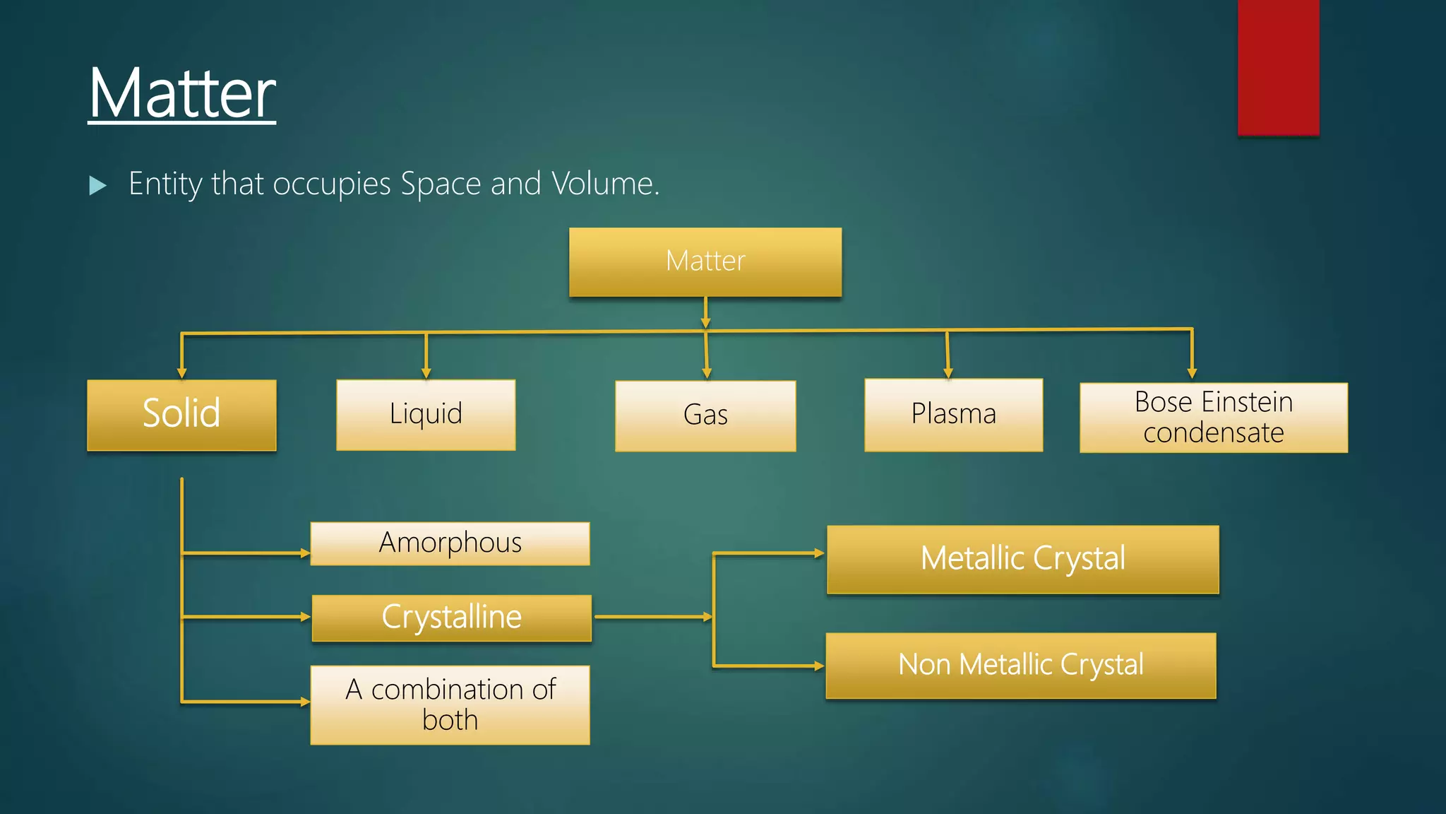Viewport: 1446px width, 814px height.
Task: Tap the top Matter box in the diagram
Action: pyautogui.click(x=705, y=261)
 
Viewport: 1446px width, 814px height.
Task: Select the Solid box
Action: pyautogui.click(x=181, y=415)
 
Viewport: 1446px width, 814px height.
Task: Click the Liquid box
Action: pyautogui.click(x=426, y=415)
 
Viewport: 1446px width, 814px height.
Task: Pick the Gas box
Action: pyautogui.click(x=705, y=415)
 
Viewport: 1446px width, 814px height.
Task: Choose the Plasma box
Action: pyautogui.click(x=953, y=415)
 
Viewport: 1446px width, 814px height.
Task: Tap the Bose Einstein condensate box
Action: pyautogui.click(x=1213, y=418)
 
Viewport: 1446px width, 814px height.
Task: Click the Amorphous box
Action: pyautogui.click(x=450, y=543)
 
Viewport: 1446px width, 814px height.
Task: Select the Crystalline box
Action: pyautogui.click(x=451, y=618)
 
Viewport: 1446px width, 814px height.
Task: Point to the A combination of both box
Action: pyautogui.click(x=450, y=704)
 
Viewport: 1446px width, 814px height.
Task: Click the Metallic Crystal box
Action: pyautogui.click(x=1022, y=559)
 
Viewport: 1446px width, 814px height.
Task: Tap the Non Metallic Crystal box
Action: pyautogui.click(x=1020, y=666)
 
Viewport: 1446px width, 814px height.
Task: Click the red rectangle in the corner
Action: pyautogui.click(x=1278, y=67)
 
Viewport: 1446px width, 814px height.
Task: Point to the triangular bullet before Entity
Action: pyautogui.click(x=98, y=186)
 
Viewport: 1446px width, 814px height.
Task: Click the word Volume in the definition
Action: pyautogui.click(x=604, y=184)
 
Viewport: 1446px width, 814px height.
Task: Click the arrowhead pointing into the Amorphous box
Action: pyautogui.click(x=305, y=553)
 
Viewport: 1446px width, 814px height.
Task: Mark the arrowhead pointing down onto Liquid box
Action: pyautogui.click(x=426, y=373)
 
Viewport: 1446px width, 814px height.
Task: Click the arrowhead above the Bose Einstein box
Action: pyautogui.click(x=1192, y=373)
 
